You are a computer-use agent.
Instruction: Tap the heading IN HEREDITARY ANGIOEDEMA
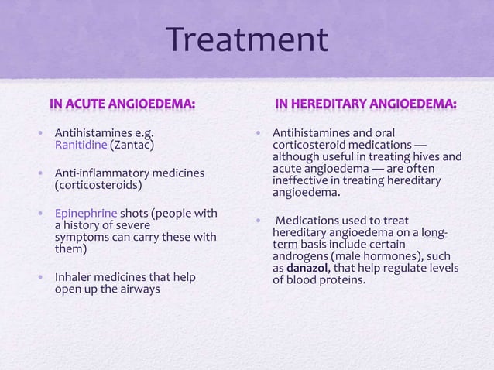(x=366, y=104)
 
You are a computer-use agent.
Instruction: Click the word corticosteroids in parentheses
(x=97, y=186)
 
